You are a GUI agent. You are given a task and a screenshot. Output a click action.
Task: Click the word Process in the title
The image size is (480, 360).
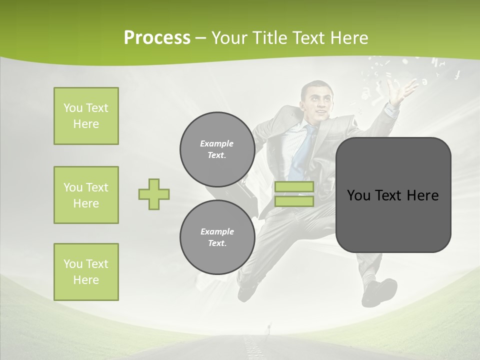coord(157,38)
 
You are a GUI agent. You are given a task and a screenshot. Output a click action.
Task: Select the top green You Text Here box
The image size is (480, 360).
coord(86,116)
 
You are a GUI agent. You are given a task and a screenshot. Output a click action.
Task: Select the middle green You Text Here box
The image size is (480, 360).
coord(86,195)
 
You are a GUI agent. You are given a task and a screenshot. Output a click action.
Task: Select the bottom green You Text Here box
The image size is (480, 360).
coord(86,272)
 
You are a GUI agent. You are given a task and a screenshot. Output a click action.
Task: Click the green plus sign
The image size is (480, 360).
coord(154,194)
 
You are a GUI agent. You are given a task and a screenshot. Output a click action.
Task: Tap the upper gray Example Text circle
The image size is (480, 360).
coord(217,149)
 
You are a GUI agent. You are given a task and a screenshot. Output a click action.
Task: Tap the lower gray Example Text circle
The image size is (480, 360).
coord(217,237)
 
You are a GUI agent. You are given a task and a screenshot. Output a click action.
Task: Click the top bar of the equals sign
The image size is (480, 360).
coord(294,187)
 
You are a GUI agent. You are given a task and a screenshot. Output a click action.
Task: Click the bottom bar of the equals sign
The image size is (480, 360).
coord(294,201)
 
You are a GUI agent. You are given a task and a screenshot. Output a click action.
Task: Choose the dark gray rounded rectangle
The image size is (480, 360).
coord(393,195)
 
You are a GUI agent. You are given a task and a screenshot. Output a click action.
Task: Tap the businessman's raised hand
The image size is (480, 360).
coord(404,90)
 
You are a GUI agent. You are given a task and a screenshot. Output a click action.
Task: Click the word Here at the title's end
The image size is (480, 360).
coord(346,38)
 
